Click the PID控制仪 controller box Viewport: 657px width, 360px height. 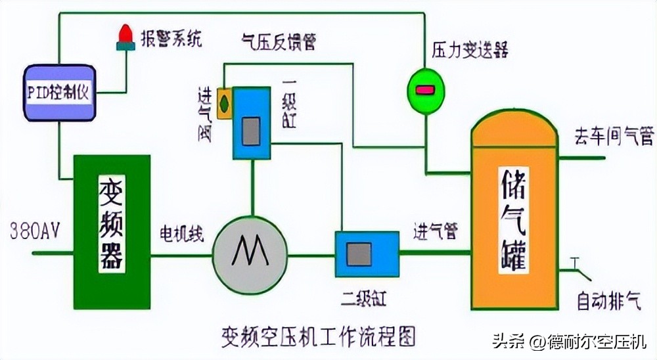pyautogui.click(x=59, y=92)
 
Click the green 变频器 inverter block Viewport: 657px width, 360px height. pyautogui.click(x=112, y=232)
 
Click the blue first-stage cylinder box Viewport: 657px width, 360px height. pyautogui.click(x=251, y=124)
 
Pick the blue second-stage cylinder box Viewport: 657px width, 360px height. pyautogui.click(x=367, y=254)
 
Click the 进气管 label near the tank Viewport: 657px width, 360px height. pyautogui.click(x=435, y=231)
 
